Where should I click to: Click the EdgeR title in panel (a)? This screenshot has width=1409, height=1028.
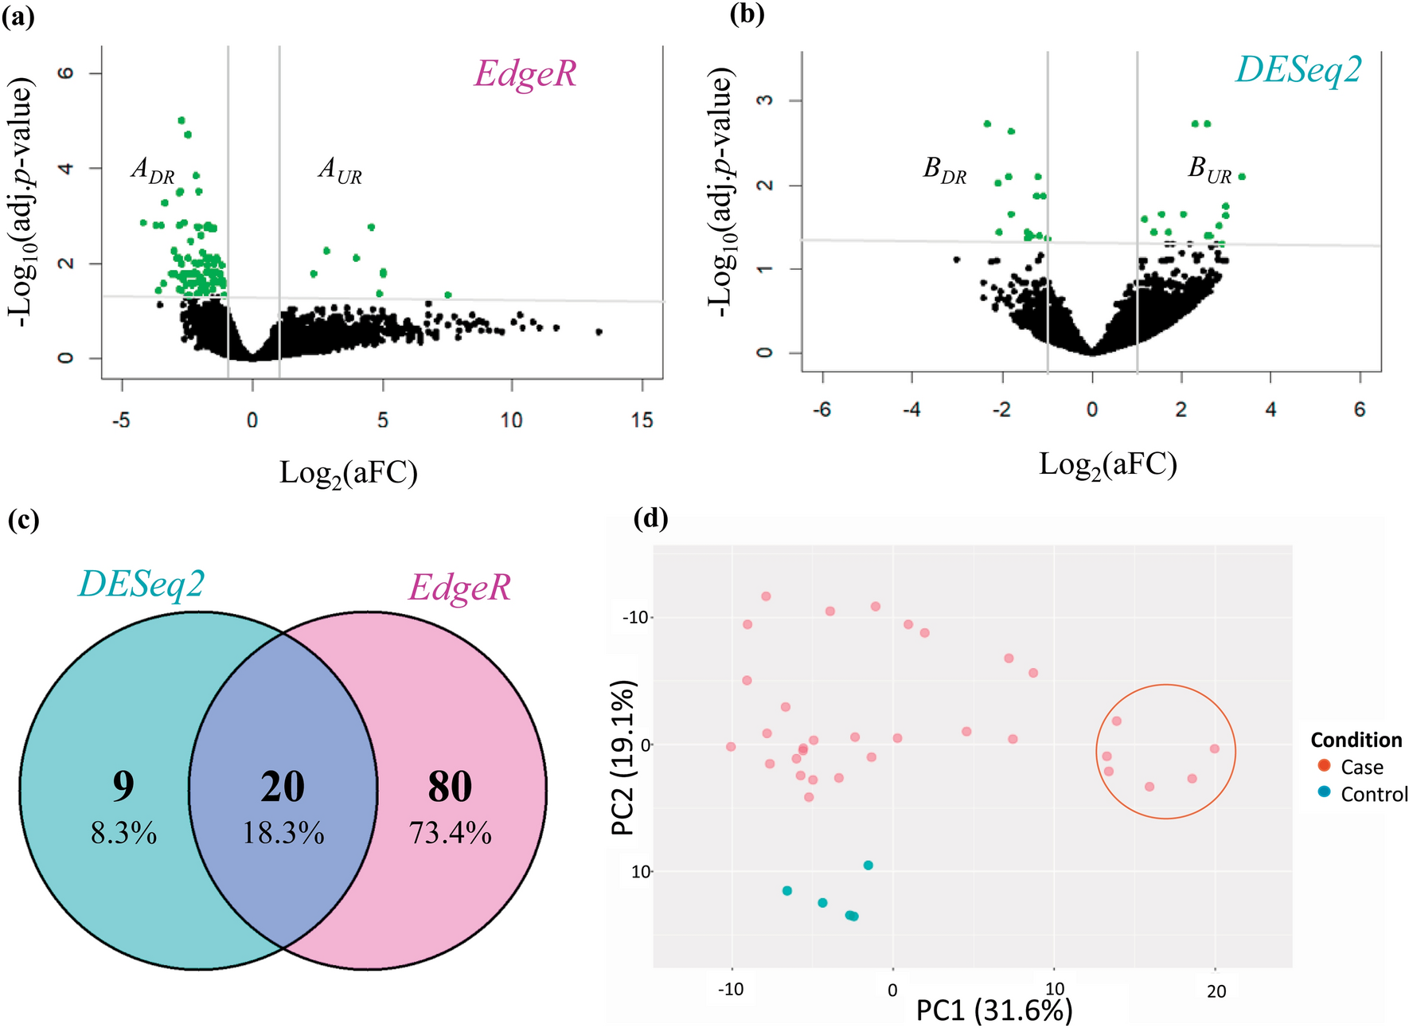pyautogui.click(x=525, y=74)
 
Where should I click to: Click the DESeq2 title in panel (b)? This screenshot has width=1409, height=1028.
pyautogui.click(x=1298, y=70)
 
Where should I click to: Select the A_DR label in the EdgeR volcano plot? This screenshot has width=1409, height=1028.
pyautogui.click(x=152, y=170)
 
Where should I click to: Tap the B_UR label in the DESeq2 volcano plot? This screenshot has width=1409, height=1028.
pyautogui.click(x=1209, y=170)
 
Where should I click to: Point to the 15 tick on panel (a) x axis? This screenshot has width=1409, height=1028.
pyautogui.click(x=642, y=420)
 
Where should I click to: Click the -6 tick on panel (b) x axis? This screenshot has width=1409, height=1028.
pyautogui.click(x=822, y=409)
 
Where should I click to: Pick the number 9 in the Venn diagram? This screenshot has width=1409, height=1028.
pyautogui.click(x=123, y=786)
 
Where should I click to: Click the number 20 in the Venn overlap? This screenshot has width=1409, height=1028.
pyautogui.click(x=283, y=787)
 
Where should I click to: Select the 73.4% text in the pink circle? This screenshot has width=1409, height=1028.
pyautogui.click(x=450, y=834)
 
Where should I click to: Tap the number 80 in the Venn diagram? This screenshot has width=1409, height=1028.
pyautogui.click(x=450, y=787)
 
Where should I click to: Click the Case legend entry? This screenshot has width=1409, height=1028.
pyautogui.click(x=1361, y=767)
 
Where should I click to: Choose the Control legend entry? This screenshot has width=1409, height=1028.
pyautogui.click(x=1373, y=794)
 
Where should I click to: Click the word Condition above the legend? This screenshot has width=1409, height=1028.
pyautogui.click(x=1356, y=740)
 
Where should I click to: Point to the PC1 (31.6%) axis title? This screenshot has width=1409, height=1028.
pyautogui.click(x=993, y=1010)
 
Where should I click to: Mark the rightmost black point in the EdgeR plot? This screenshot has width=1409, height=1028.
pyautogui.click(x=599, y=331)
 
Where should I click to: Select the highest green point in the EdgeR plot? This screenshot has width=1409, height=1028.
pyautogui.click(x=181, y=120)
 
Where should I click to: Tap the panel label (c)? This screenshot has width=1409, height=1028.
pyautogui.click(x=23, y=520)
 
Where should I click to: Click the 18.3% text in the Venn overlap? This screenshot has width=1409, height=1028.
pyautogui.click(x=283, y=834)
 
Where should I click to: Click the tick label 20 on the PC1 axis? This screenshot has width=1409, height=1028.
pyautogui.click(x=1216, y=991)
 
